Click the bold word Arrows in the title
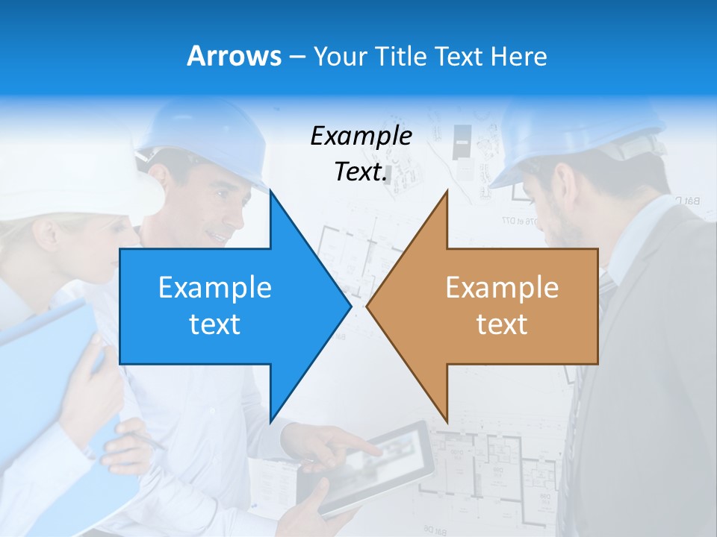(x=234, y=56)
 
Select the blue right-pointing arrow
(x=224, y=306)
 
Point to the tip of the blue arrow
(x=349, y=306)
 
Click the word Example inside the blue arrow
(x=215, y=288)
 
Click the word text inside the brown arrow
(x=502, y=324)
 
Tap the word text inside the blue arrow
(x=215, y=324)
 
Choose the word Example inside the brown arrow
(x=502, y=288)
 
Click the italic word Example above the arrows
(x=361, y=136)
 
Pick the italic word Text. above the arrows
(x=361, y=172)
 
